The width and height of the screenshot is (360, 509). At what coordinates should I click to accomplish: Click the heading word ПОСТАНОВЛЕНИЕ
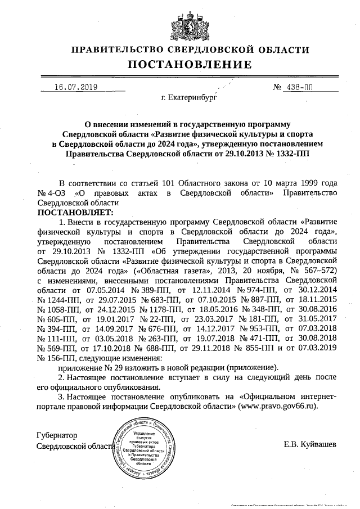(180, 65)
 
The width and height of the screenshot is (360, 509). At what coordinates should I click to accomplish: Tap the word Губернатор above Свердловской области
(56, 435)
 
